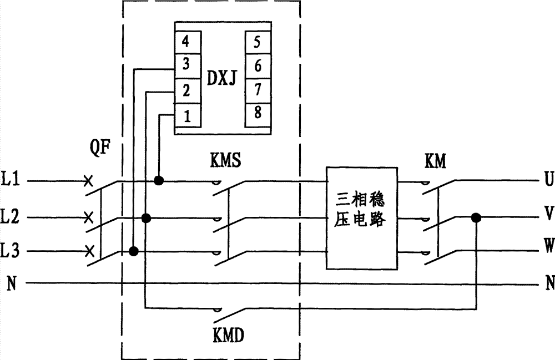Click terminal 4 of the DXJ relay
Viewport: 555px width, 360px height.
[x=188, y=42]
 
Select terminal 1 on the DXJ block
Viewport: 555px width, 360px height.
[x=188, y=117]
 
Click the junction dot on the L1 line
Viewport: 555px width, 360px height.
[x=159, y=181]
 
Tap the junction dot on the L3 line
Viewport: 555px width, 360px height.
[x=133, y=252]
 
